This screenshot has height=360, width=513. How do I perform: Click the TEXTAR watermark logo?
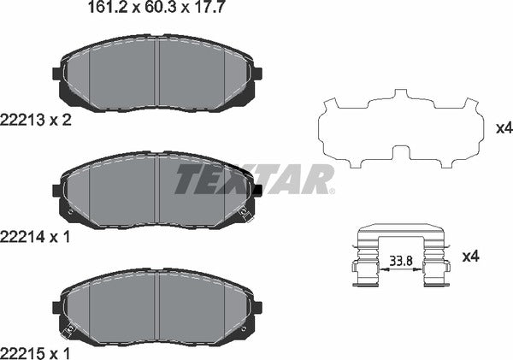(x=255, y=180)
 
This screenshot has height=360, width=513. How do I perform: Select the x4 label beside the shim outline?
(x=504, y=128)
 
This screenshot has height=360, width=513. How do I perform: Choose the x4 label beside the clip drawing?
(x=470, y=256)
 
